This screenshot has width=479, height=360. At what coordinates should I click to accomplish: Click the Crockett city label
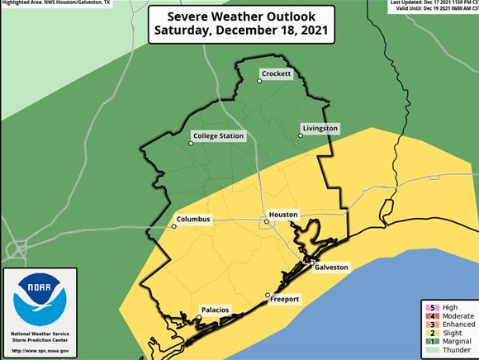[276, 74]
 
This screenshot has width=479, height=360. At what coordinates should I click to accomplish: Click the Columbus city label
[193, 220]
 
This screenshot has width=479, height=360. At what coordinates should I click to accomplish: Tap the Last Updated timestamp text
[433, 3]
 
